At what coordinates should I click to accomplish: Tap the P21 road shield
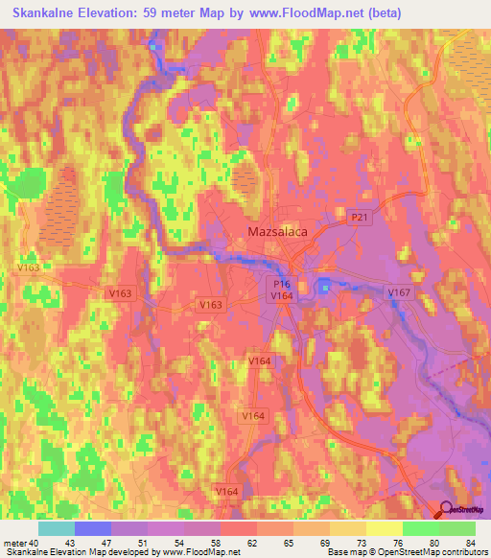tap(359, 219)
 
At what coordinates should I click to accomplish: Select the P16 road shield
tap(281, 285)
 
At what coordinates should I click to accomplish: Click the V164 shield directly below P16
tap(281, 297)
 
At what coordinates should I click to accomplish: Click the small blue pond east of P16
tap(324, 286)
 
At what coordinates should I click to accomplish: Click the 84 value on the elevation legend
tap(469, 543)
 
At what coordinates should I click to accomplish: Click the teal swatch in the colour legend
tap(56, 528)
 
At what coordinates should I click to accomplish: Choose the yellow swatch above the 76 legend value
tap(385, 528)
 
